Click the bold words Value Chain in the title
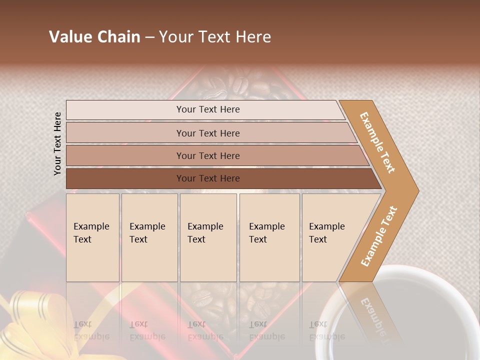click(x=94, y=37)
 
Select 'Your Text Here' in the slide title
click(x=215, y=37)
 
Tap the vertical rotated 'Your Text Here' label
click(x=58, y=143)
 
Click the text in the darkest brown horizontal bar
click(x=208, y=178)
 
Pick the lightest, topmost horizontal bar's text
click(x=208, y=109)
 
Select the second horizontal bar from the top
click(x=208, y=133)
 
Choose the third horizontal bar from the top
click(x=208, y=156)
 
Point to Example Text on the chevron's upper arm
click(x=377, y=142)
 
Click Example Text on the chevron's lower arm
click(x=379, y=236)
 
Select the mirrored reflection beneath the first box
click(x=91, y=330)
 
